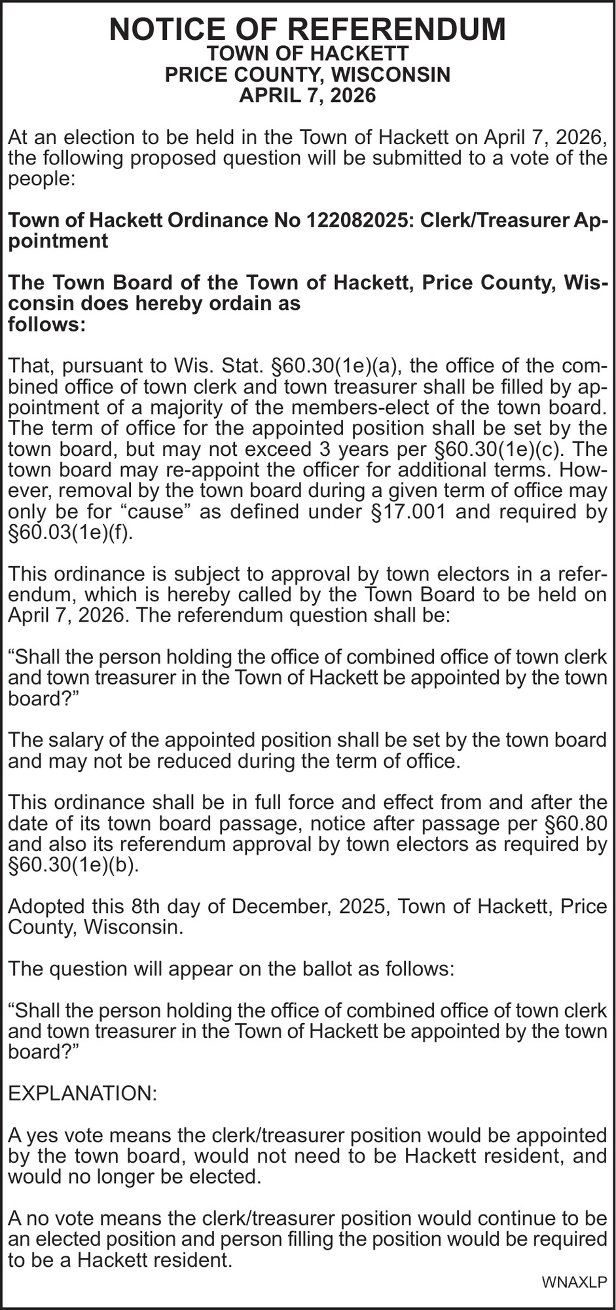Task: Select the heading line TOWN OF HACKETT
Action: pyautogui.click(x=308, y=54)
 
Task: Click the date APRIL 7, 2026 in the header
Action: pyautogui.click(x=308, y=96)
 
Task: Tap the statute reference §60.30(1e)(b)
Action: pyautogui.click(x=73, y=865)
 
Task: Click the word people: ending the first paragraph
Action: pyautogui.click(x=42, y=179)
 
